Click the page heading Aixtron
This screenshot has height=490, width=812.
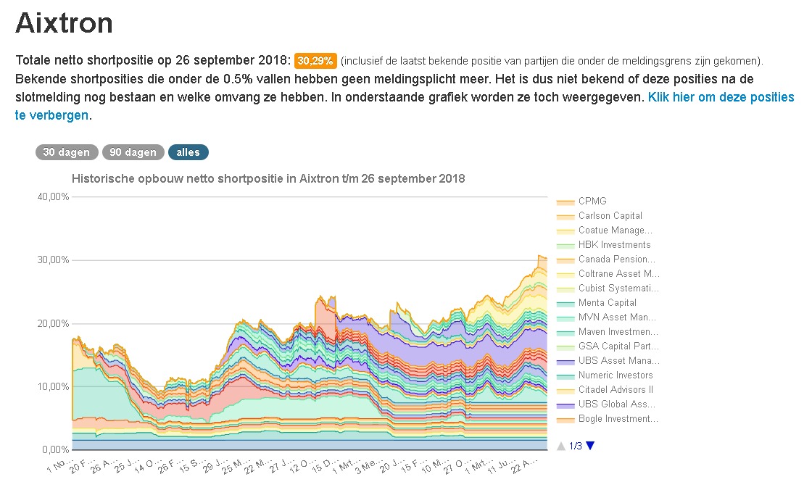tap(65, 23)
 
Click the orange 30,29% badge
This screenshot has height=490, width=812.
tap(315, 60)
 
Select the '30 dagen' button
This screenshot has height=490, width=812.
tap(66, 152)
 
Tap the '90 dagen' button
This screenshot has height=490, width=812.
tap(133, 152)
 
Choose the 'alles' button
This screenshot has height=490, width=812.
tap(188, 152)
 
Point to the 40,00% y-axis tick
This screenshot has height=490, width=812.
tap(52, 196)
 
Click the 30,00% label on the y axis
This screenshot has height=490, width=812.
tap(52, 259)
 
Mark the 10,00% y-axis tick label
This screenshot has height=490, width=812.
tap(52, 386)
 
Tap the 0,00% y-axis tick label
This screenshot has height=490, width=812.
tap(54, 449)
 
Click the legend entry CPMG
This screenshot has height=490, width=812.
tap(592, 201)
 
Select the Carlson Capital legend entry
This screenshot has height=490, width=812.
tap(610, 215)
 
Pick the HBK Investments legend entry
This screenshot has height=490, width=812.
tap(614, 244)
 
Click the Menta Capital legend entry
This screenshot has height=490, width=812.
tap(607, 302)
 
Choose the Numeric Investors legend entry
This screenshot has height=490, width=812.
tap(615, 375)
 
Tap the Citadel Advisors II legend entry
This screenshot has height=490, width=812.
tap(613, 389)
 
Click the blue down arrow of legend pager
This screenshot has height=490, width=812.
tap(589, 446)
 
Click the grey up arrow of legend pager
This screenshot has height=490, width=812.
tap(560, 446)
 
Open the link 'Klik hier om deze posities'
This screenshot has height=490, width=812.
tap(721, 97)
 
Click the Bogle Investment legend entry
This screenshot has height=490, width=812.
tap(617, 418)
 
